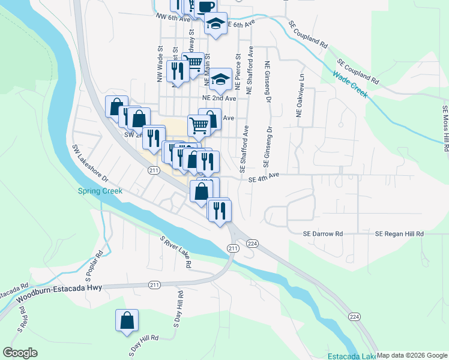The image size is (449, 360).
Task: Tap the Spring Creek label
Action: tap(100, 191)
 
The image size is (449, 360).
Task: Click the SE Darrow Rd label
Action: tap(322, 233)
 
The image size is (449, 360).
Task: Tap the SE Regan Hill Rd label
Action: tap(400, 233)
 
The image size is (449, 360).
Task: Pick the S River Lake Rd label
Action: tap(175, 251)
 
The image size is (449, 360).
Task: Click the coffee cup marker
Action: tap(205, 7)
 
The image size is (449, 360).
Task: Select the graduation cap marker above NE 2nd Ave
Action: tap(220, 79)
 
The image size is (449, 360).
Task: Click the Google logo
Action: tap(20, 353)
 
